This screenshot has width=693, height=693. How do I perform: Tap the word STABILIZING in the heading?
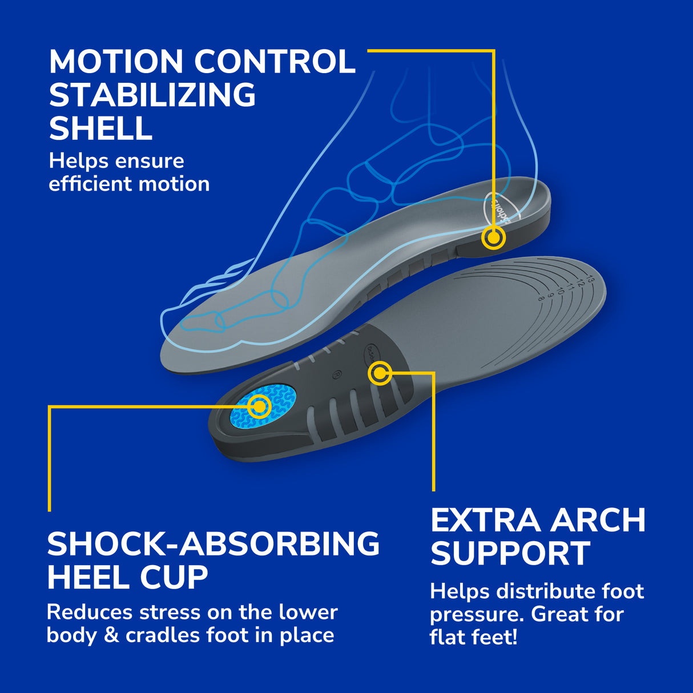152,95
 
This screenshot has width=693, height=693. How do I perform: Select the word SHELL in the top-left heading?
100,128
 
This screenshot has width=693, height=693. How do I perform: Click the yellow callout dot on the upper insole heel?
493,237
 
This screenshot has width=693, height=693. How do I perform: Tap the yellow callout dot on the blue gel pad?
260,406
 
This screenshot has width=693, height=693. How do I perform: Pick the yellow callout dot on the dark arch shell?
380,374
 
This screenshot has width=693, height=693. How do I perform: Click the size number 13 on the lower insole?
589,279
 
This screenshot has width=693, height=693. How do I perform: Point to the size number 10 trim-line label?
561,291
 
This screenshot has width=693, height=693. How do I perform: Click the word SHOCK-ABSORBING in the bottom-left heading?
213,543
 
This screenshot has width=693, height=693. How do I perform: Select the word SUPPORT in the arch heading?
510,553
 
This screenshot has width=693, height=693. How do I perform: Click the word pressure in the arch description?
477,615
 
